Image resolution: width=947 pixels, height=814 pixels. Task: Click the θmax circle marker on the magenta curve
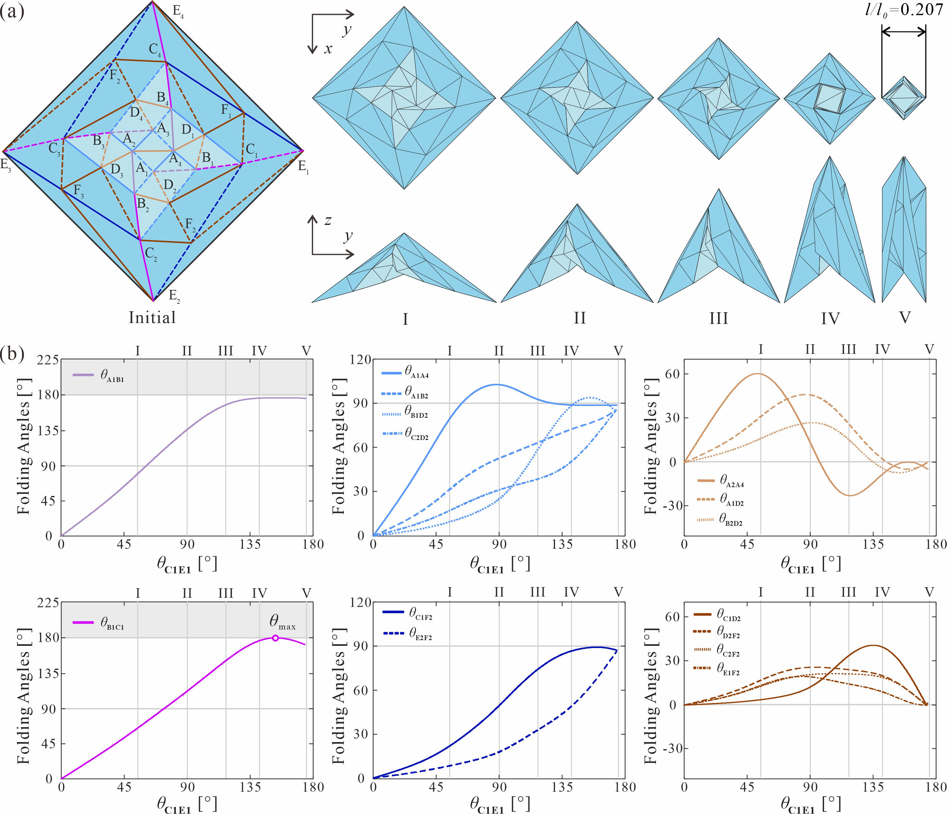(x=275, y=638)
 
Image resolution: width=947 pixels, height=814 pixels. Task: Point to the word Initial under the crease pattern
(x=152, y=317)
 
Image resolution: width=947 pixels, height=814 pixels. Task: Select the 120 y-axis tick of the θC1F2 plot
(x=360, y=602)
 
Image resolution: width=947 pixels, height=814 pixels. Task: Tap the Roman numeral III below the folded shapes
(x=719, y=318)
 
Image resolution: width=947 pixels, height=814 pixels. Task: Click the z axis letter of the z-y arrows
(x=328, y=221)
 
